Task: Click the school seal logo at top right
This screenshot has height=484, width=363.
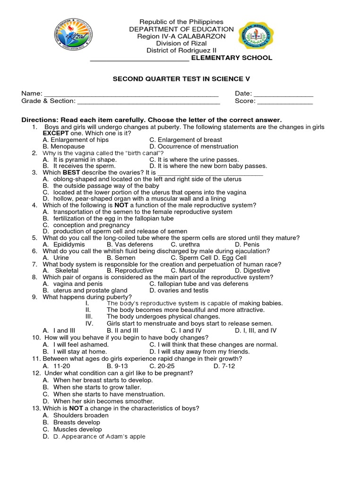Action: [255, 36]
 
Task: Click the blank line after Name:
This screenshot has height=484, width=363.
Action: [131, 95]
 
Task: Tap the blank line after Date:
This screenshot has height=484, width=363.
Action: [284, 95]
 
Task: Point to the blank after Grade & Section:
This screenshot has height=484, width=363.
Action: [148, 102]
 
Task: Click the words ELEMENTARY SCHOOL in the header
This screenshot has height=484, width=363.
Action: [232, 58]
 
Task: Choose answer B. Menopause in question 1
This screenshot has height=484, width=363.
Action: [64, 147]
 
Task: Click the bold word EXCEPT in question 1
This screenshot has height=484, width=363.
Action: [56, 134]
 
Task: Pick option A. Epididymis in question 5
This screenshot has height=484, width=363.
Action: [64, 244]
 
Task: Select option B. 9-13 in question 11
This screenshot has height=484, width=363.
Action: [117, 366]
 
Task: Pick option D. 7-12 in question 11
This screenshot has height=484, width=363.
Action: [224, 366]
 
